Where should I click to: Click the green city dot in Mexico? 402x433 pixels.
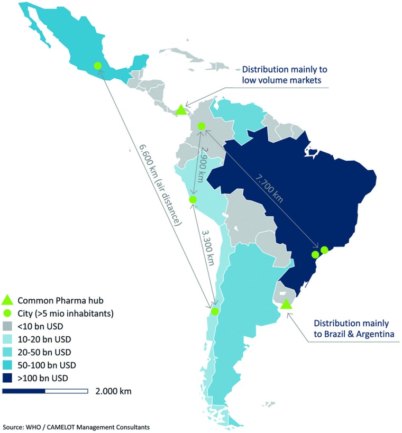coord(97,66)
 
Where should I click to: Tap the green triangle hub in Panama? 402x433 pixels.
coord(181,110)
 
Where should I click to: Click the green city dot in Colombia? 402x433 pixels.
coord(201,126)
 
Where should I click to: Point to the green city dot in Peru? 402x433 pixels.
coord(193,199)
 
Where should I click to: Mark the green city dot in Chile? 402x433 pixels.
coord(214,311)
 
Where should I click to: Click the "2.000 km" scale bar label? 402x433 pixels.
coord(113,391)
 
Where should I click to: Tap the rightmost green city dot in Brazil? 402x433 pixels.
coord(324,250)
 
